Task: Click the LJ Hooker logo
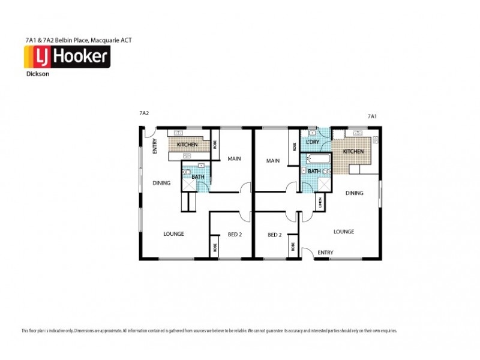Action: [x=66, y=58]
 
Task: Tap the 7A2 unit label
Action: [x=144, y=113]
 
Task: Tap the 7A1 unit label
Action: [x=372, y=116]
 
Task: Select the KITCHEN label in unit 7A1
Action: [x=353, y=152]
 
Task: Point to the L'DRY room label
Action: [x=312, y=142]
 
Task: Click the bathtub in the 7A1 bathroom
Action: [x=317, y=160]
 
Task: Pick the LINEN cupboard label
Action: [x=321, y=203]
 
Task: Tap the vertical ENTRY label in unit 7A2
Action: [x=155, y=146]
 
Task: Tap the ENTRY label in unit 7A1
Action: [x=326, y=253]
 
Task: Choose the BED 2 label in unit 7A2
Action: [x=235, y=235]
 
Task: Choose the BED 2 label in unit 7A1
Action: [x=275, y=235]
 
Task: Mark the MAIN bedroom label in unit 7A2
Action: [x=234, y=159]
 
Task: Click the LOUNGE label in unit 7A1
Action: [x=344, y=232]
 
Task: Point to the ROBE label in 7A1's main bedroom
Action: [x=294, y=146]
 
